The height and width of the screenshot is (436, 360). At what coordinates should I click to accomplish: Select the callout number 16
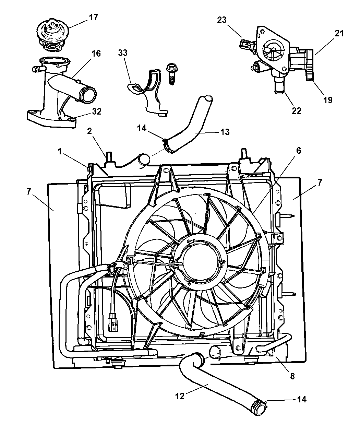(x=96, y=54)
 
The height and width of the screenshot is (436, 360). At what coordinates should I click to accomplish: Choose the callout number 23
(x=222, y=20)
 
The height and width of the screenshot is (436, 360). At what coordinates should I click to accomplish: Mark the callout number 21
(x=339, y=33)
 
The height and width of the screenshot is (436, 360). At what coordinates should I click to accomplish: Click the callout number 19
(x=328, y=100)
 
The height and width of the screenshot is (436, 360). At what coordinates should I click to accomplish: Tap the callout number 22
(x=296, y=110)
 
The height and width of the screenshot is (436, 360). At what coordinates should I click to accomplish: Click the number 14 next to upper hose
(x=142, y=128)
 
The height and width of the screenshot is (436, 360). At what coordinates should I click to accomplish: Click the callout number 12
(x=180, y=396)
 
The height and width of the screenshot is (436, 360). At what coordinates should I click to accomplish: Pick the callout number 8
(x=292, y=376)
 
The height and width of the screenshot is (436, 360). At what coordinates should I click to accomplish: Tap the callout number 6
(x=299, y=151)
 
